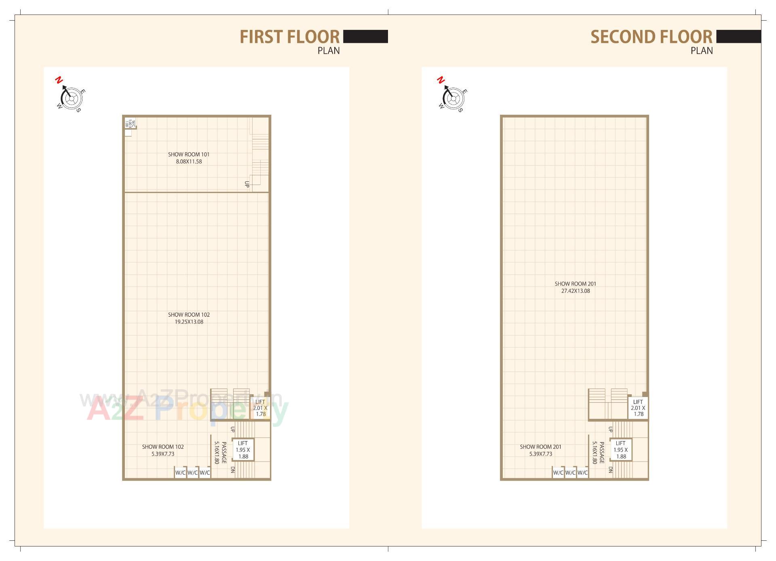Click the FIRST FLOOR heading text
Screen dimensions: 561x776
click(289, 37)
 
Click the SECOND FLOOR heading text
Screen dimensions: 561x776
click(651, 37)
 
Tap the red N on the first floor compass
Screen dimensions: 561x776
click(59, 80)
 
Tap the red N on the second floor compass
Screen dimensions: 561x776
click(441, 80)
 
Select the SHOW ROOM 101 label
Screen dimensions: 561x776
click(189, 154)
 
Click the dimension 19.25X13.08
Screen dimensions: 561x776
click(189, 322)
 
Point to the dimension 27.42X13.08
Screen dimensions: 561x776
click(575, 291)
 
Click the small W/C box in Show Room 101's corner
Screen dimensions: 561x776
click(131, 123)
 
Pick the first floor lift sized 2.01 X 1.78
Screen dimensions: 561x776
click(260, 408)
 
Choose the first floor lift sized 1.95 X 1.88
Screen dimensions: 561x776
click(243, 450)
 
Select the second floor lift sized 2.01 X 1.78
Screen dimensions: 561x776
click(638, 408)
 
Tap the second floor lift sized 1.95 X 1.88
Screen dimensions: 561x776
click(621, 450)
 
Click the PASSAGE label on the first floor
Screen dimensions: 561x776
click(224, 452)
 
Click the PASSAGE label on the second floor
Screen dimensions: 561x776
click(602, 452)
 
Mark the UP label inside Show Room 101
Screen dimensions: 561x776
click(247, 184)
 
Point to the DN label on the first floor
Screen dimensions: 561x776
click(233, 470)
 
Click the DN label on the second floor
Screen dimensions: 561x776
click(611, 470)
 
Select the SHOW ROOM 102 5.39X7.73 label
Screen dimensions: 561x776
click(163, 450)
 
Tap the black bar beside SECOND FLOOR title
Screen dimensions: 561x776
click(738, 36)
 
